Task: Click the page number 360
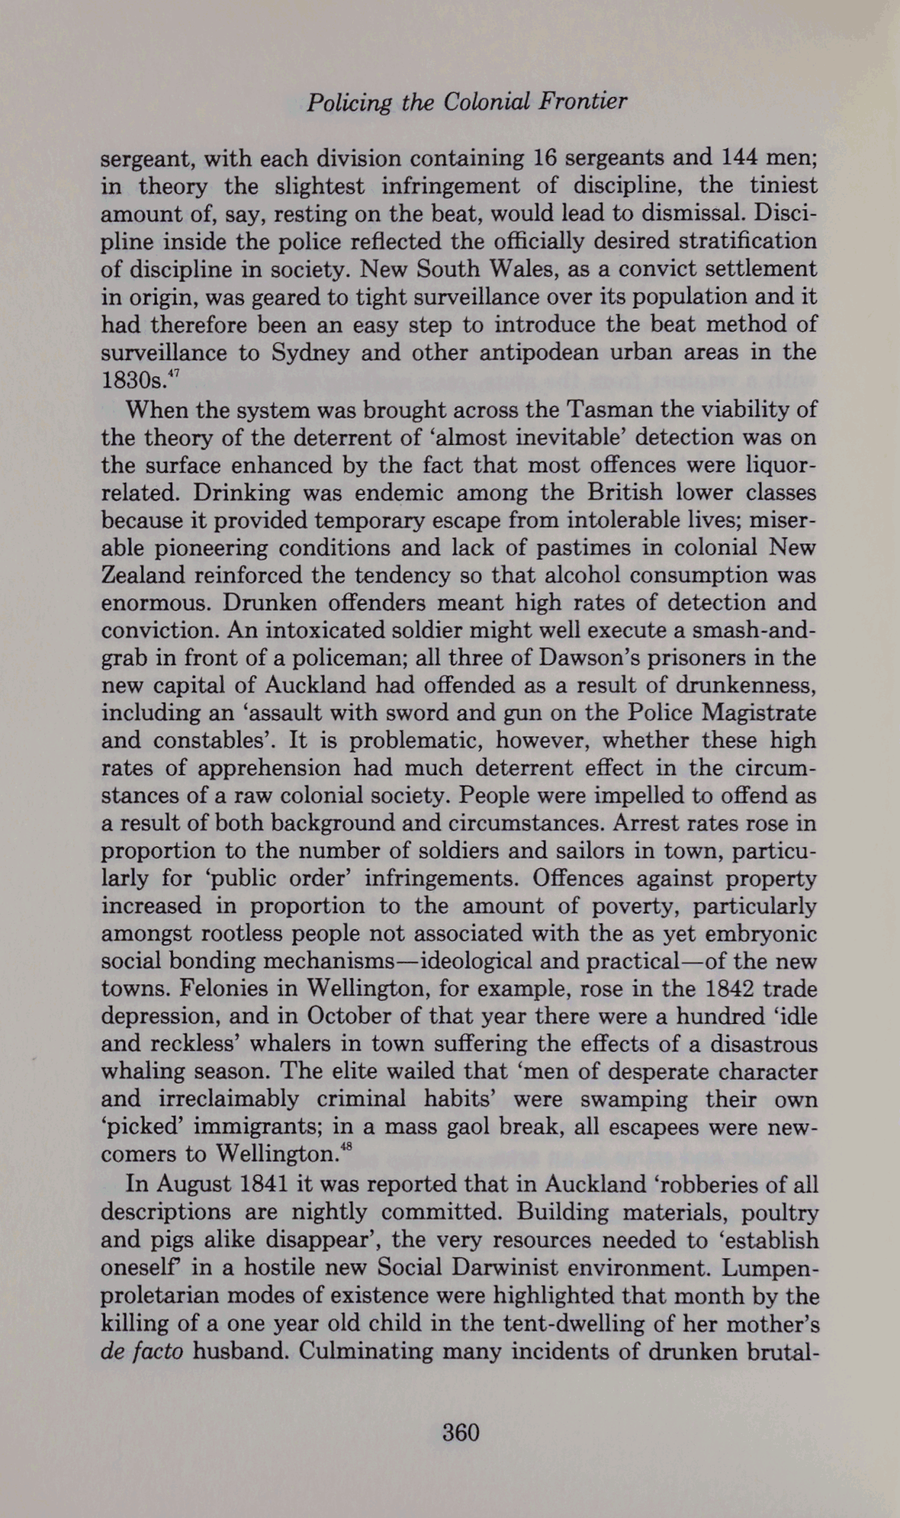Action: (461, 1432)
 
